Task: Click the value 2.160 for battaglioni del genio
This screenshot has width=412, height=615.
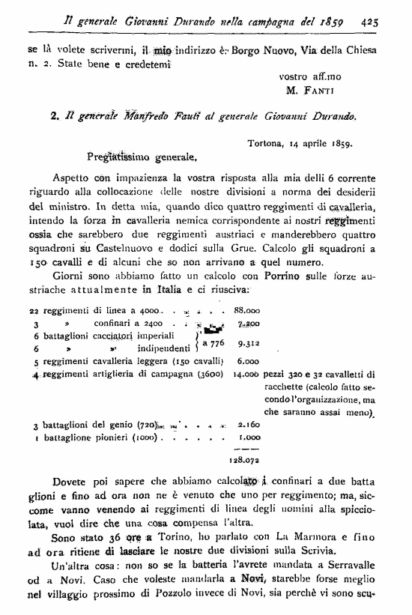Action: [246, 424]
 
